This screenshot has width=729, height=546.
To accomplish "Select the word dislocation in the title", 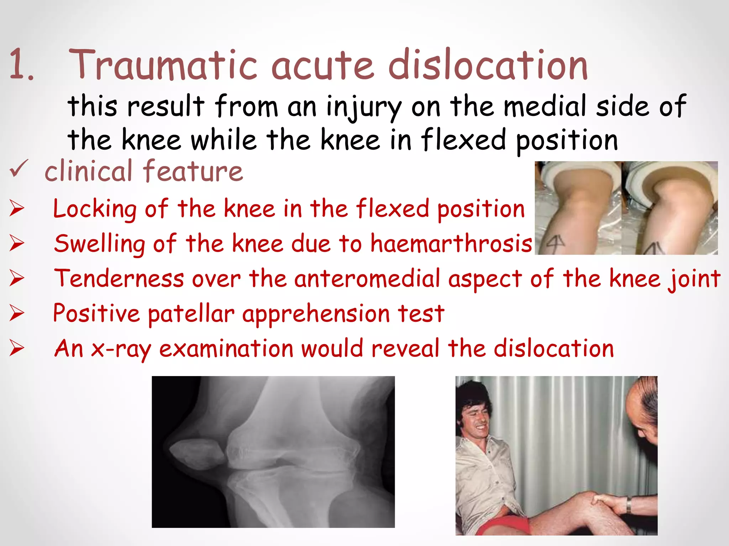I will (x=488, y=65).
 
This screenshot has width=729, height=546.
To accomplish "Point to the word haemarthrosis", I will (x=451, y=244).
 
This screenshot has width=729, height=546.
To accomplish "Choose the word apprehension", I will (x=316, y=314).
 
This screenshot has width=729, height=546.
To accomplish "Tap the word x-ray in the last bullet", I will (x=121, y=349).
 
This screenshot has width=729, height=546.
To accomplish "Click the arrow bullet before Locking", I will (x=17, y=208).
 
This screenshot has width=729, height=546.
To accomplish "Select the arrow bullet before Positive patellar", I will (x=17, y=314).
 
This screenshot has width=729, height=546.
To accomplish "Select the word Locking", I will (x=95, y=209).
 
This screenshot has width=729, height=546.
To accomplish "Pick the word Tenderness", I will (x=119, y=279).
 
